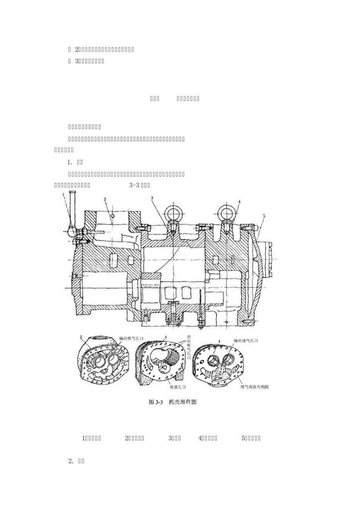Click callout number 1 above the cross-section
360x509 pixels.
coord(64,194)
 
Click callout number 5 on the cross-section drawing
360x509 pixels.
coord(264,215)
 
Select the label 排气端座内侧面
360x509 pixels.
coord(254,387)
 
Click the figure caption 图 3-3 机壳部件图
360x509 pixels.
coord(173,402)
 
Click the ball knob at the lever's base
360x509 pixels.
coord(71,230)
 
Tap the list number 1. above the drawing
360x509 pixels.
coord(70,162)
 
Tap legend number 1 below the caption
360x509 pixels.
coord(84,438)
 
